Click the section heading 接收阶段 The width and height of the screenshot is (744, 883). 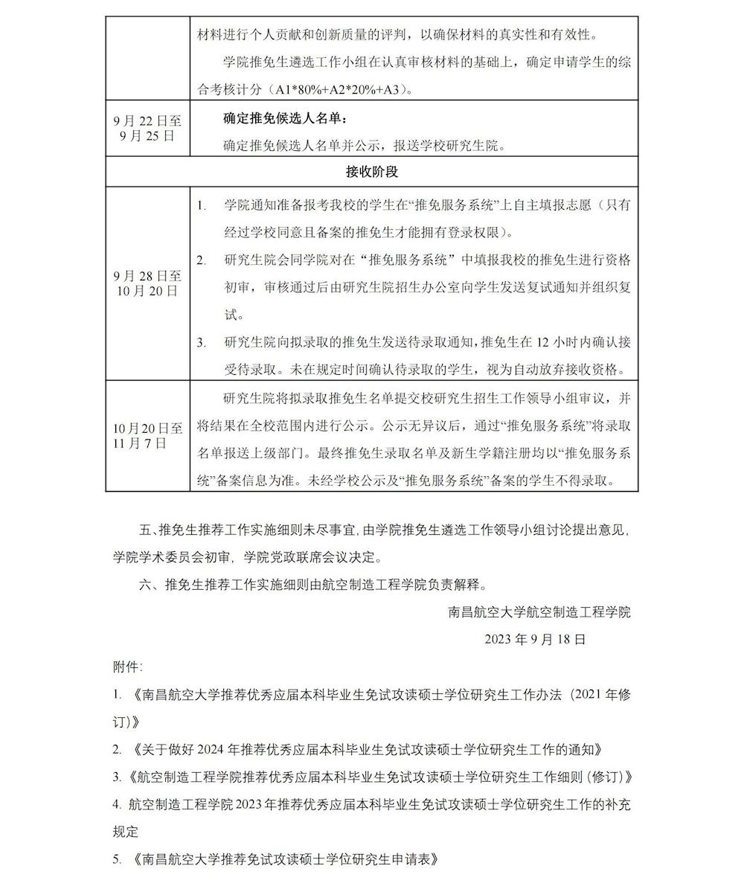pyautogui.click(x=372, y=172)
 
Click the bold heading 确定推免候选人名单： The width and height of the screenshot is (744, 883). pyautogui.click(x=285, y=118)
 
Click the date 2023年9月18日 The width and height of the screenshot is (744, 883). pyautogui.click(x=535, y=639)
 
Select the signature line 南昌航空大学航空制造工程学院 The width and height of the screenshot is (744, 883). pyautogui.click(x=539, y=612)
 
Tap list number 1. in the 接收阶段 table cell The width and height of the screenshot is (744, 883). pyautogui.click(x=201, y=205)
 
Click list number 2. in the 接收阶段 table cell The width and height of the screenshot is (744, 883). pyautogui.click(x=201, y=260)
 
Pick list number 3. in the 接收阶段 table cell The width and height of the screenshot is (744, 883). pyautogui.click(x=201, y=343)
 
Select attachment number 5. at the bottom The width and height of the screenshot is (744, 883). pyautogui.click(x=117, y=860)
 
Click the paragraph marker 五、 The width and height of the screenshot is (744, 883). pyautogui.click(x=149, y=530)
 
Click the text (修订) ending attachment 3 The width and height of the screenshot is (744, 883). pyautogui.click(x=609, y=777)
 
